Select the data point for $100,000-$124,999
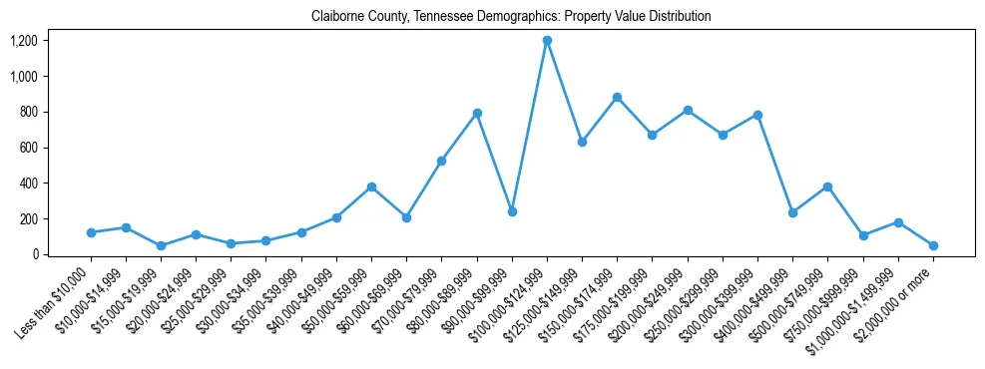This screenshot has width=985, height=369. [x=547, y=41]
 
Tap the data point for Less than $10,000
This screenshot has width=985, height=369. [x=91, y=232]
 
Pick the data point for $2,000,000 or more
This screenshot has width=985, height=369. [x=933, y=245]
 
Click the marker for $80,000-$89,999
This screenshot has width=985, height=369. [x=477, y=113]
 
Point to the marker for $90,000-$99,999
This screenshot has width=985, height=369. [x=512, y=211]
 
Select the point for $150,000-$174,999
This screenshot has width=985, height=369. [x=617, y=97]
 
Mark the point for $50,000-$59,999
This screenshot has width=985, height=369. [x=371, y=186]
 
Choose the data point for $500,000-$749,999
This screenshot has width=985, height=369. [x=827, y=186]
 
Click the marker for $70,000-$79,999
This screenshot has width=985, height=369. [x=441, y=161]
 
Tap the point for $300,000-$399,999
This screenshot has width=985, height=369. [x=757, y=115]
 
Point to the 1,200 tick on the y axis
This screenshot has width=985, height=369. [x=24, y=41]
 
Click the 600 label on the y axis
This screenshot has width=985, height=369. [x=29, y=148]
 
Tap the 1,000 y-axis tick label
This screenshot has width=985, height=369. [x=24, y=77]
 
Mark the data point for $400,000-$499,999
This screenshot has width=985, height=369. [x=792, y=212]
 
